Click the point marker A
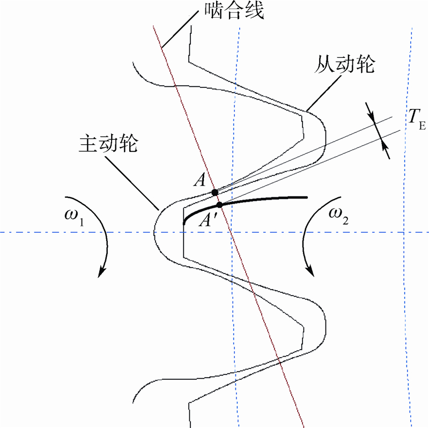[214, 192]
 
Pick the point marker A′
[219, 204]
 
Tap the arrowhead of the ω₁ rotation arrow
[100, 273]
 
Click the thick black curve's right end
[306, 197]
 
